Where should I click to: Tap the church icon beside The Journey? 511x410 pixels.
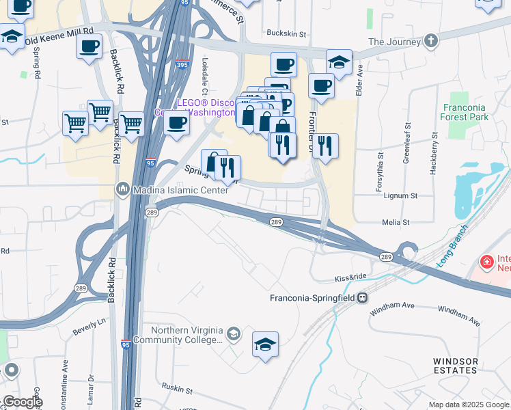(430, 42)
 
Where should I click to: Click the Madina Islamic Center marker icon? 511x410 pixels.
(124, 188)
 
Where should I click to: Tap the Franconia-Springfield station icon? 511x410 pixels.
(363, 298)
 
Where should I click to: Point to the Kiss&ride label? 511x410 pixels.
(352, 278)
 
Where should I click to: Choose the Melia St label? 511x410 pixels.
(396, 222)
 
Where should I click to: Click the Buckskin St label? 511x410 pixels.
(286, 33)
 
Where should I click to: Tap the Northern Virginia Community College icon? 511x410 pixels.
(234, 333)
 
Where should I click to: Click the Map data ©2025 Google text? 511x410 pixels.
(468, 405)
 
